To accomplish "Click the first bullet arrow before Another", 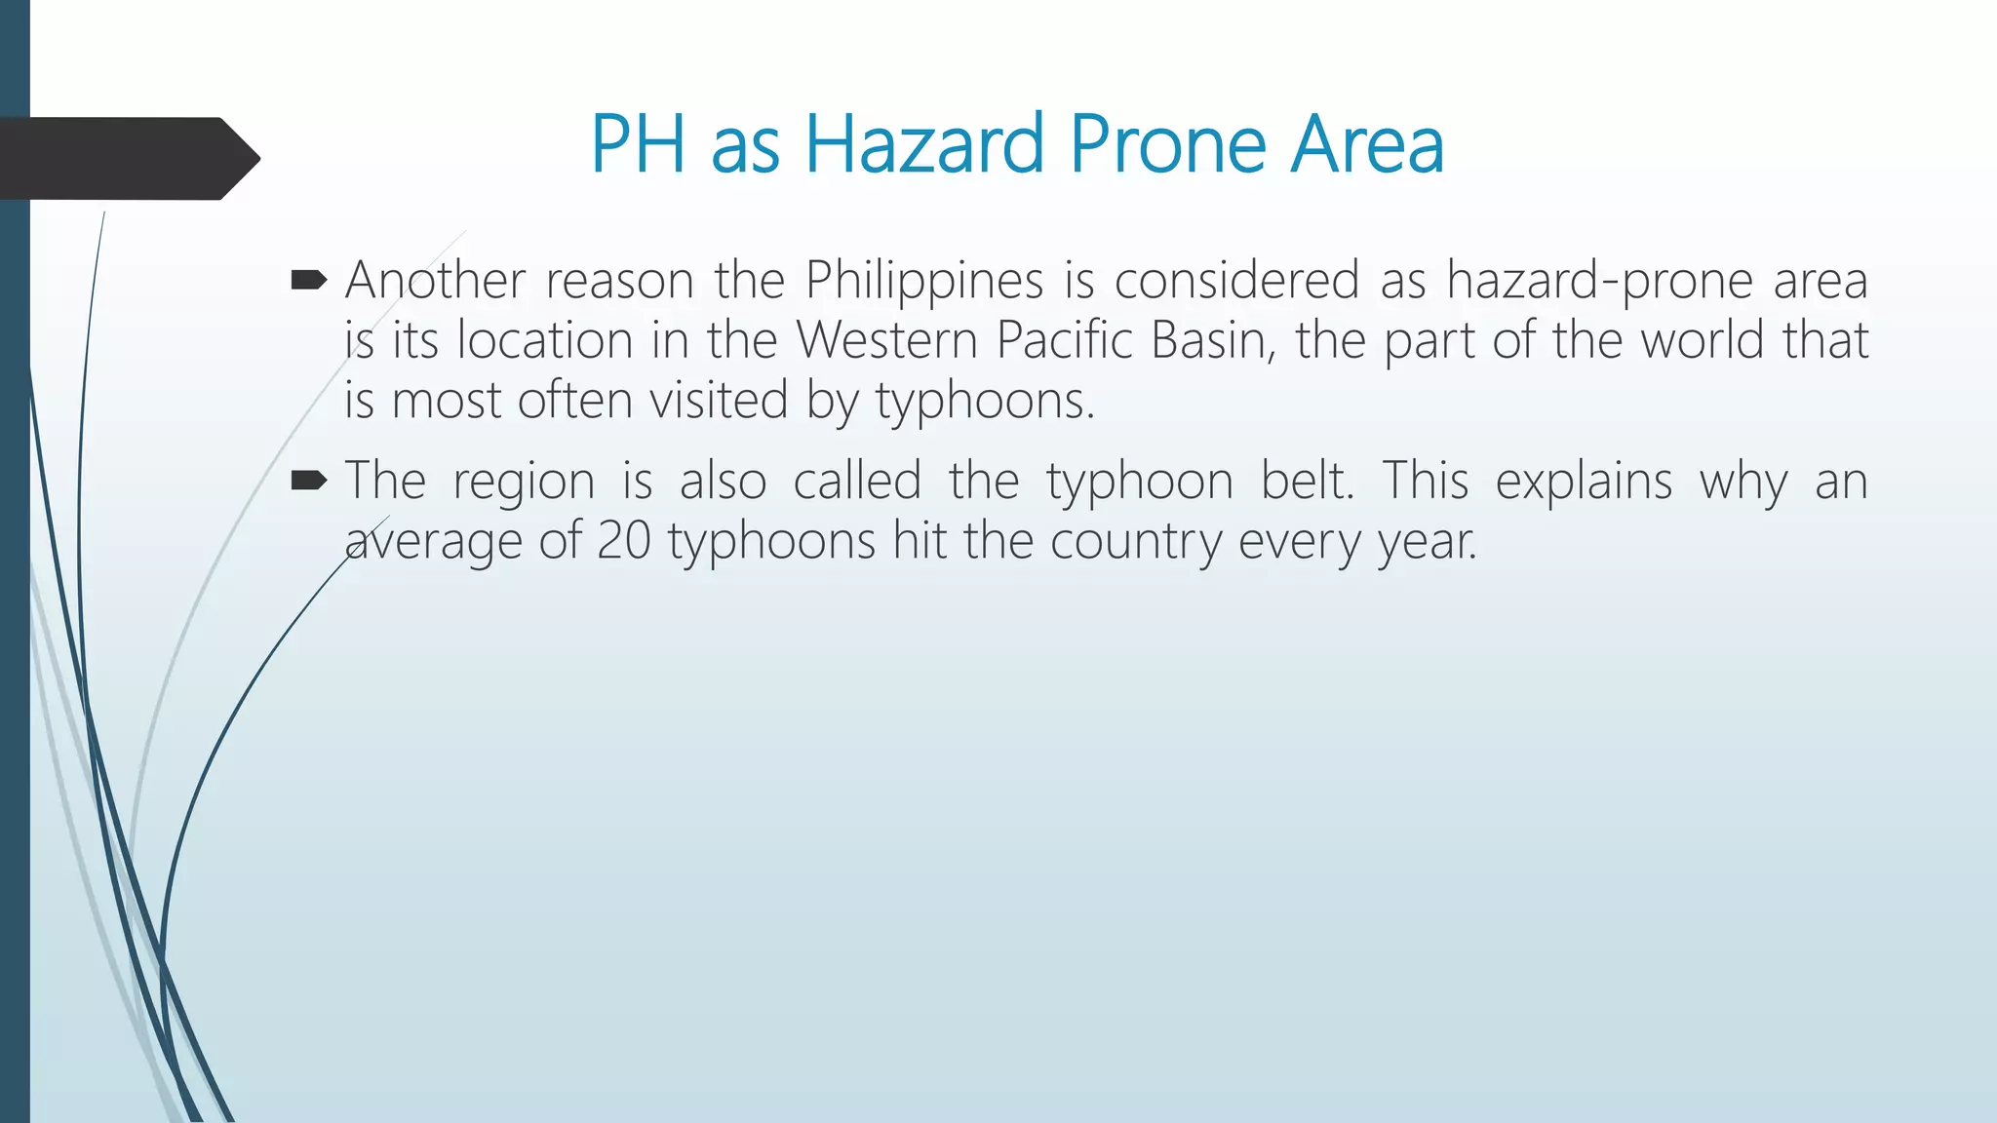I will coord(309,282).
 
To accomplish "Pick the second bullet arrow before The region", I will coord(309,481).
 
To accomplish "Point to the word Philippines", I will coord(924,281).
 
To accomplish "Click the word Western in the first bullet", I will coord(886,340).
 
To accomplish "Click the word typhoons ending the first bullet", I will coord(985,402).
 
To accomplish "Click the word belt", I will coord(1307,481).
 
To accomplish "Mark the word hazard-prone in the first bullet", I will coord(1598,281).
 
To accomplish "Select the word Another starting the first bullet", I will coord(435,281).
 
